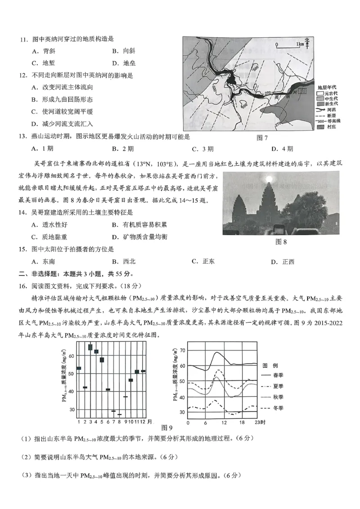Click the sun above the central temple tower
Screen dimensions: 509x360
click(x=282, y=179)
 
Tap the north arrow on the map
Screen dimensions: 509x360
click(x=307, y=42)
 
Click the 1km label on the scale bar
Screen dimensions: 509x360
click(x=300, y=44)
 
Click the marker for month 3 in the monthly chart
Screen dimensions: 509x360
click(x=90, y=347)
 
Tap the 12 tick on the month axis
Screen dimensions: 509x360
click(x=143, y=421)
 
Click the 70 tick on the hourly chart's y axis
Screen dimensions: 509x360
click(x=182, y=350)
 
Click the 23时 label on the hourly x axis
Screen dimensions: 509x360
click(x=258, y=422)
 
